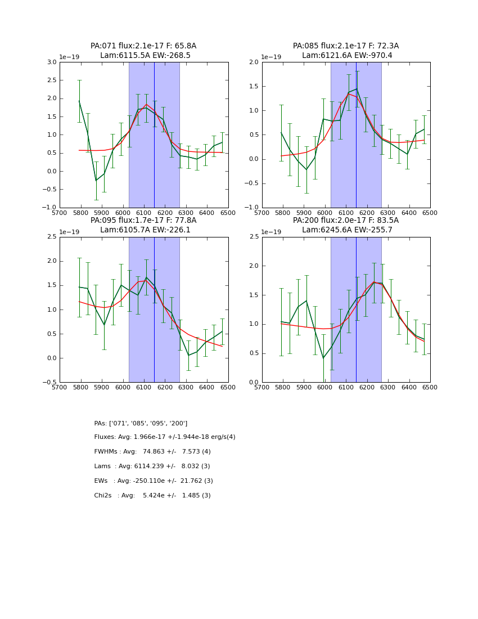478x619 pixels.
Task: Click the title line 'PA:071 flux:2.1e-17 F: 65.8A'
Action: click(x=143, y=46)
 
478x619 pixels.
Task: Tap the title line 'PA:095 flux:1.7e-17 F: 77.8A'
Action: click(x=143, y=221)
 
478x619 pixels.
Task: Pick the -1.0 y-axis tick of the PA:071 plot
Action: click(x=50, y=208)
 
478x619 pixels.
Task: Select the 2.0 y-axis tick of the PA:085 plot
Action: click(x=254, y=62)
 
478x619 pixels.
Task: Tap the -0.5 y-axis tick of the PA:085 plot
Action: click(x=252, y=183)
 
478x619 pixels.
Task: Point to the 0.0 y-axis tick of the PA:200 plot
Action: click(x=254, y=382)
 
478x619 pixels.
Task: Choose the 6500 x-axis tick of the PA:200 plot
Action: click(x=430, y=387)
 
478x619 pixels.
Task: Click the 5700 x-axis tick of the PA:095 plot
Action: click(x=60, y=387)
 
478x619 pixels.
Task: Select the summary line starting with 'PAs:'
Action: click(x=141, y=423)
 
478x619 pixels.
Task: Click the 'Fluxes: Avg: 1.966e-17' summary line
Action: click(x=165, y=437)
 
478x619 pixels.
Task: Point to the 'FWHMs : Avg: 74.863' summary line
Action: click(x=152, y=452)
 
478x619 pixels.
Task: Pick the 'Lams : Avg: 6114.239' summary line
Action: click(x=152, y=467)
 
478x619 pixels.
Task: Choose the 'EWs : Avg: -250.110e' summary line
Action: click(x=154, y=481)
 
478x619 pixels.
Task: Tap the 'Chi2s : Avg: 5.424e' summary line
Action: click(x=152, y=496)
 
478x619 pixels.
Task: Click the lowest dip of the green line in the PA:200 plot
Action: click(x=323, y=358)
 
